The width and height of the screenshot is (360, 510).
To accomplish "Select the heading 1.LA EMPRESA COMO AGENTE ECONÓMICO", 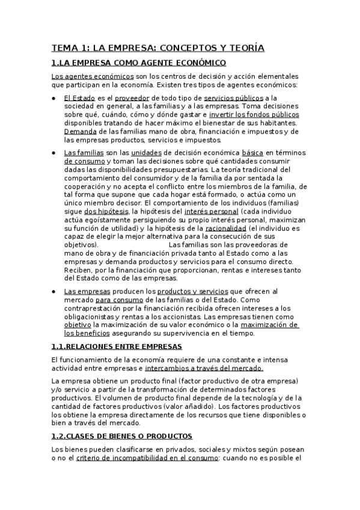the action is click(139, 63).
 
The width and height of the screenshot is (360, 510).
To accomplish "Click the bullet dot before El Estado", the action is click(54, 97).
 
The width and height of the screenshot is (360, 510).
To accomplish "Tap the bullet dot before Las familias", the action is click(54, 153).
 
